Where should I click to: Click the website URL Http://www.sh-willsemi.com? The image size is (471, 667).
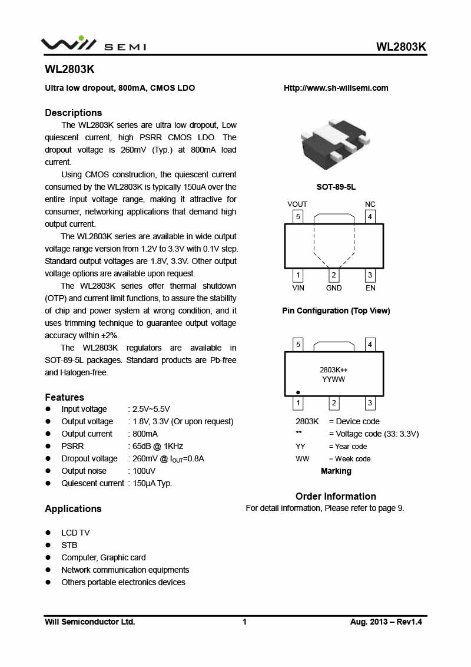click(336, 88)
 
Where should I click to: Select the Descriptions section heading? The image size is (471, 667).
click(74, 113)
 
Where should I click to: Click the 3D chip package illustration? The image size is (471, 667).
click(336, 144)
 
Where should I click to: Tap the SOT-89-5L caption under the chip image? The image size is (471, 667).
click(336, 187)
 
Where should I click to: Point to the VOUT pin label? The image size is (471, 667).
click(297, 204)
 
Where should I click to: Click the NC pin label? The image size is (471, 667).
click(370, 204)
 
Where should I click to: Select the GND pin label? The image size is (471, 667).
click(334, 288)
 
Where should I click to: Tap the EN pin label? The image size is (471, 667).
click(370, 288)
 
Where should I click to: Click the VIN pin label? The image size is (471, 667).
click(298, 288)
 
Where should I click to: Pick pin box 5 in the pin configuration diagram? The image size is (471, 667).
click(298, 217)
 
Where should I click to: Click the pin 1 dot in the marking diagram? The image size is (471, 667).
click(298, 392)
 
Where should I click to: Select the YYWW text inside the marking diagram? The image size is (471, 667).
click(334, 379)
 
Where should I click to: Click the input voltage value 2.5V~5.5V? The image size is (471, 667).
click(151, 409)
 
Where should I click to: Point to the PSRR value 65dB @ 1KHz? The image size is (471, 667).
click(157, 446)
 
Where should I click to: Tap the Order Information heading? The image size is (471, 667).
click(336, 496)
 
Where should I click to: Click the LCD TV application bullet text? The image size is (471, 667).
click(75, 533)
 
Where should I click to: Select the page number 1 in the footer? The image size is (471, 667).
click(244, 622)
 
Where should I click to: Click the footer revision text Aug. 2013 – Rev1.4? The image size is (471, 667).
click(386, 622)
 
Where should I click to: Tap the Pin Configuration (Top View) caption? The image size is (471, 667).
click(336, 311)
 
